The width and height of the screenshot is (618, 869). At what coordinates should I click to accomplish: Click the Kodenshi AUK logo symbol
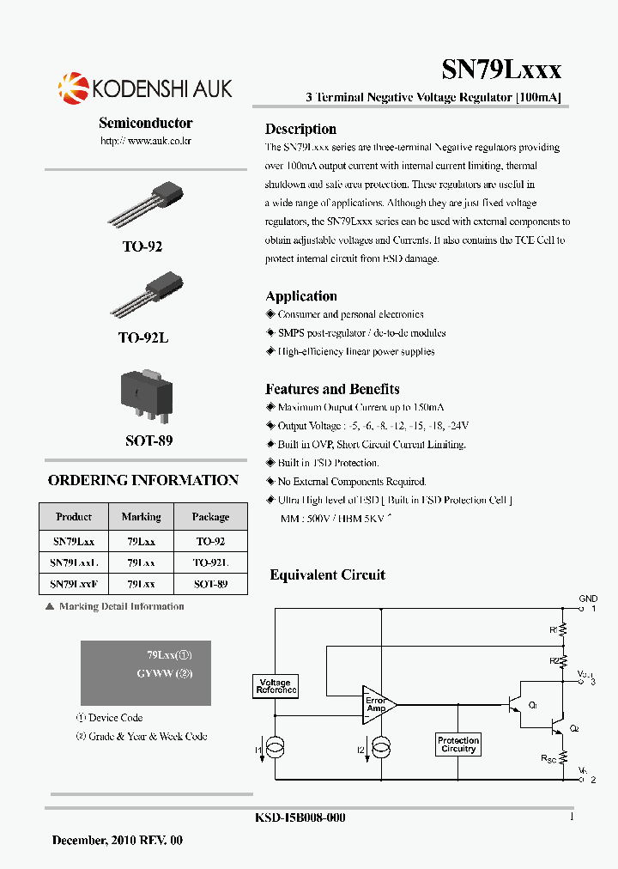pos(73,87)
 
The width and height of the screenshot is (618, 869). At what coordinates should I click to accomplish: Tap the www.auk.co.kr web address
pos(146,140)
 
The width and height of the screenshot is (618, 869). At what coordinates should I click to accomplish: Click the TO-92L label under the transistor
pos(143,338)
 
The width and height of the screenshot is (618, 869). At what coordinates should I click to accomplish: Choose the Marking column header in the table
pos(142,517)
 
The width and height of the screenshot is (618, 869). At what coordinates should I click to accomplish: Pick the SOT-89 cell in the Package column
pos(210,584)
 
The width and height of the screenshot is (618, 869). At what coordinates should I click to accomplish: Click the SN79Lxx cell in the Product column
pos(74,541)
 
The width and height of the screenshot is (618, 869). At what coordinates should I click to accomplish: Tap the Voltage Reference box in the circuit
pos(275,686)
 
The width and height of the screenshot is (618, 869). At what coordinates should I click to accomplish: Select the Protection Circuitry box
pos(458,744)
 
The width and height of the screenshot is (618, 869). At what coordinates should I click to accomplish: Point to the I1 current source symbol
pos(275,750)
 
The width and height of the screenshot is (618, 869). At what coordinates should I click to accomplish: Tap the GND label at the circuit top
pos(588,599)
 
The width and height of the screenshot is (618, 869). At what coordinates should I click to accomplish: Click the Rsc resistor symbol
pos(564,757)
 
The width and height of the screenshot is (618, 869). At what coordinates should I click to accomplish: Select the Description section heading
pos(300,129)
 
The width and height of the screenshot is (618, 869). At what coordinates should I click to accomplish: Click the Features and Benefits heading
pos(332,389)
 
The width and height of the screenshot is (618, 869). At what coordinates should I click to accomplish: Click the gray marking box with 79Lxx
pos(146,672)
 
